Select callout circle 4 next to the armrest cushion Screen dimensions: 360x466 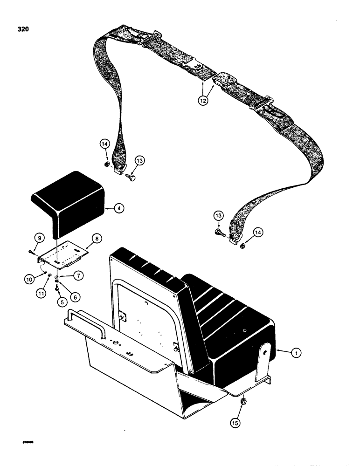(x=119, y=209)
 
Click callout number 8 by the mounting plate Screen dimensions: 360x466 (x=97, y=238)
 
